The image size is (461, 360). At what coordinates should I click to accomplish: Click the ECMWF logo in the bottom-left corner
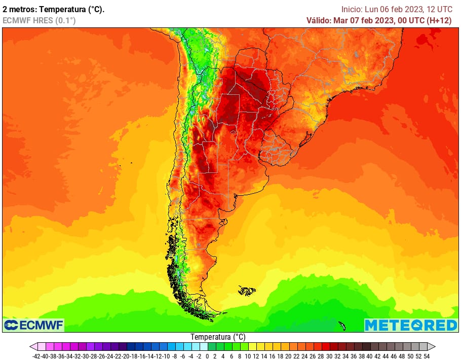(x=33, y=325)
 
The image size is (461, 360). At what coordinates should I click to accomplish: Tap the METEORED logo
(x=411, y=325)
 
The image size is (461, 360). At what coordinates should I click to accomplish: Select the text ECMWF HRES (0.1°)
(x=39, y=20)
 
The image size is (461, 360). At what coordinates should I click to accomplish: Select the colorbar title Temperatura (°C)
(x=218, y=337)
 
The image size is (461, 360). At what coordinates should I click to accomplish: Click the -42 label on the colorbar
(x=36, y=356)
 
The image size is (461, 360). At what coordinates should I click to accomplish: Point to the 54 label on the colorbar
(x=426, y=356)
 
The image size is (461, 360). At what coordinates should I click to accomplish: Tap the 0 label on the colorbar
(x=207, y=356)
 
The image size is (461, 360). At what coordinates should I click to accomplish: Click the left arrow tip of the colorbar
(x=31, y=347)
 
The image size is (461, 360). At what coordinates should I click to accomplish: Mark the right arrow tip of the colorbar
(x=434, y=347)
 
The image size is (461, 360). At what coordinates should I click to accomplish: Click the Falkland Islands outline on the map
(x=247, y=291)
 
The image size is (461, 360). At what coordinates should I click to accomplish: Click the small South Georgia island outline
(x=342, y=325)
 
